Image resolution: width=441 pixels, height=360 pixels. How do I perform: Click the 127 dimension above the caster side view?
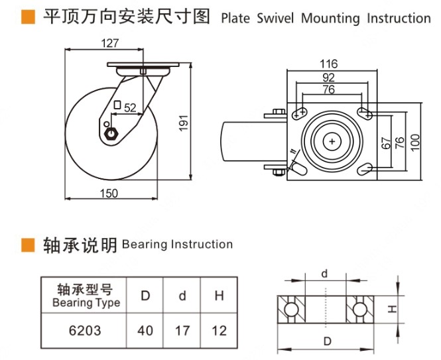pos(111,44)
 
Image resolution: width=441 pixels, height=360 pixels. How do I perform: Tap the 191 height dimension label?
pos(186,121)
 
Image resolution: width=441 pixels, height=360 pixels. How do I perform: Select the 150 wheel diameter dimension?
pos(109,193)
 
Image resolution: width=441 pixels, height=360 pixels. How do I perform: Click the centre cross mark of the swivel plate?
pos(332,141)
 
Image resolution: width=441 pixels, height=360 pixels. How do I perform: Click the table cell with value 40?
pos(145,330)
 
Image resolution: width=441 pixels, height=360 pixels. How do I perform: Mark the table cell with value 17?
pos(182,330)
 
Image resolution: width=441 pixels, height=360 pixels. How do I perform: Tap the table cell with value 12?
pos(219,330)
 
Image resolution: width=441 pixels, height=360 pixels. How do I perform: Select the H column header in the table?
pos(219,296)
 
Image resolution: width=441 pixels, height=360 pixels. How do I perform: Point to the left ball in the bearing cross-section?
pos(290,310)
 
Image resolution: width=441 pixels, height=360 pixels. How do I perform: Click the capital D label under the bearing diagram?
pos(325,341)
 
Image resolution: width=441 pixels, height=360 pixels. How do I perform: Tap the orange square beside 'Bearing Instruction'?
pos(28,245)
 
